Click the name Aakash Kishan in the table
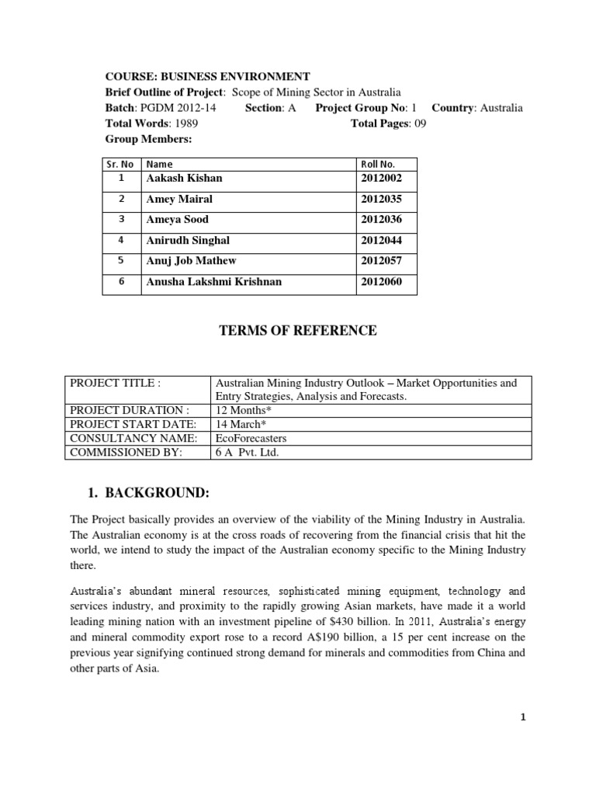click(184, 179)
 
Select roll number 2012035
click(382, 200)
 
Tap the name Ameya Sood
click(177, 220)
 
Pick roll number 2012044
click(382, 241)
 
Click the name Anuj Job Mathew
click(191, 262)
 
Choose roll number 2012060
click(382, 282)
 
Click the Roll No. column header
click(378, 165)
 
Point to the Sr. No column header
click(120, 165)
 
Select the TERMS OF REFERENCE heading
click(299, 331)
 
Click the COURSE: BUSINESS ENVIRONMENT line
click(207, 76)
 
